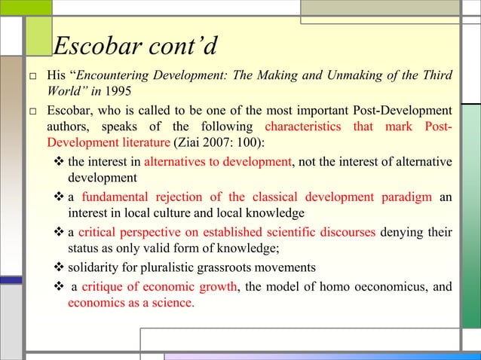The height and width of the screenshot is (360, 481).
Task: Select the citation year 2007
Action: [224, 142]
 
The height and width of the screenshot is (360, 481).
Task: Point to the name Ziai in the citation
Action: [195, 142]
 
